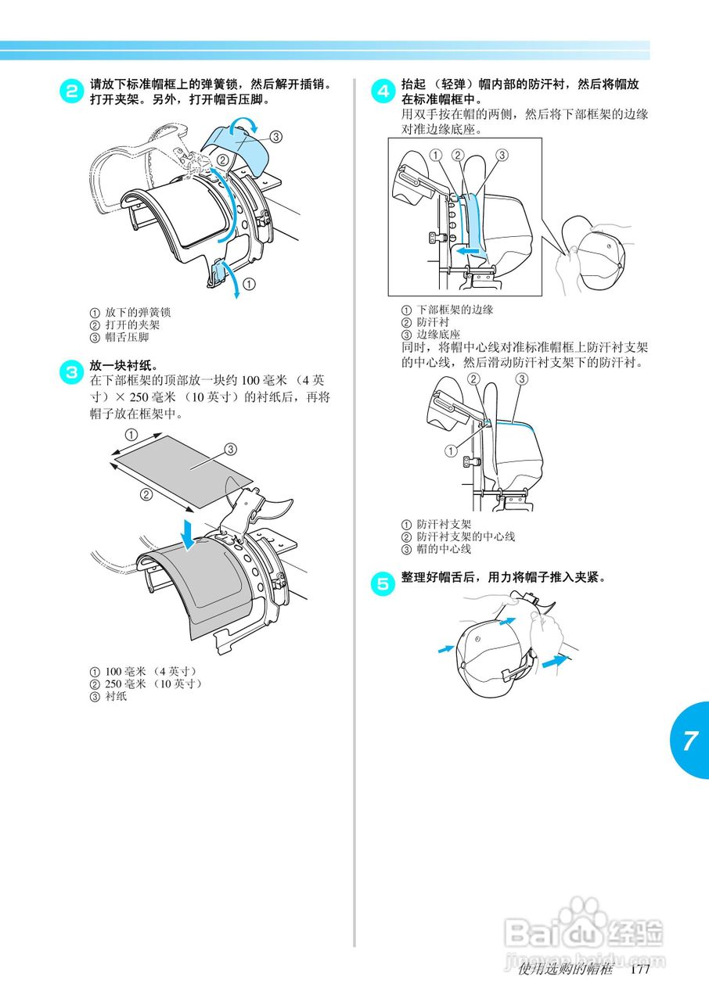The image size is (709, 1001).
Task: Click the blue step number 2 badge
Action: coord(70,90)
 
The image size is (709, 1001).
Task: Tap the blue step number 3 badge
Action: coord(70,371)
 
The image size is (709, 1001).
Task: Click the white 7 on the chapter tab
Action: coord(689,741)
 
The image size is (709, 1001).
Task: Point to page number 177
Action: coord(639,970)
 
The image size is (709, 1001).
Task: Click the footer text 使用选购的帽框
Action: coord(565,970)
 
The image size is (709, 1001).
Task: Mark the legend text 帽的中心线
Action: coord(444,549)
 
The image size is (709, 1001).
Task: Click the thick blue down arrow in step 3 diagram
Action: coord(188,533)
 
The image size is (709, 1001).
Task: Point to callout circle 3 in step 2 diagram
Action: coord(275,135)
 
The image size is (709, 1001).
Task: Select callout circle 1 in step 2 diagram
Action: coord(248,284)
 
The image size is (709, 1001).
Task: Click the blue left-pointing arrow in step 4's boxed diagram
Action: coord(470,252)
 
